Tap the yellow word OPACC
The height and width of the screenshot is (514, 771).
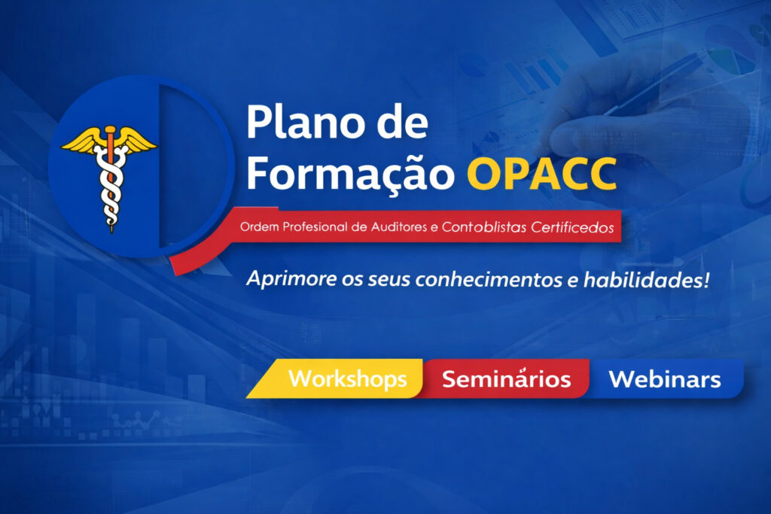pyautogui.click(x=542, y=174)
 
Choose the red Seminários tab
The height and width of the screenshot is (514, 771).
pyautogui.click(x=507, y=379)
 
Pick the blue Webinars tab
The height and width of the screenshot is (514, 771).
pyautogui.click(x=665, y=379)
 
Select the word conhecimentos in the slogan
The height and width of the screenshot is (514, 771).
pyautogui.click(x=489, y=280)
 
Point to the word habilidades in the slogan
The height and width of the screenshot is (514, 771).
pyautogui.click(x=643, y=280)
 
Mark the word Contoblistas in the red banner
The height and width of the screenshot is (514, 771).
pyautogui.click(x=484, y=227)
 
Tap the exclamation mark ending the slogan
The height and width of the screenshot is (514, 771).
pyautogui.click(x=706, y=279)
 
